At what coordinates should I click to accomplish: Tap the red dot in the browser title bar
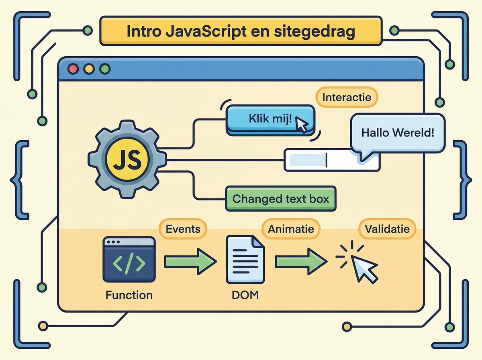[74, 69]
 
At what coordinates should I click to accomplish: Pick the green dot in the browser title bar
[104, 69]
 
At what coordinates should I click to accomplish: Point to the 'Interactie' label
[347, 97]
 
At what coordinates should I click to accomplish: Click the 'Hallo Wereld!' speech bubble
[398, 133]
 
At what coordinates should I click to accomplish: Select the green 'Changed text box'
[280, 198]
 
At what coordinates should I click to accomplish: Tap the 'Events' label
[183, 229]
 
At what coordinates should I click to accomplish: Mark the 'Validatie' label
[387, 229]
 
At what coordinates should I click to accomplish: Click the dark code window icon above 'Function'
[129, 260]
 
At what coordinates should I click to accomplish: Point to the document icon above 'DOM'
[245, 260]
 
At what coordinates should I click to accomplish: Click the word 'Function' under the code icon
[129, 295]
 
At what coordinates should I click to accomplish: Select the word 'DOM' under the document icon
[245, 295]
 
